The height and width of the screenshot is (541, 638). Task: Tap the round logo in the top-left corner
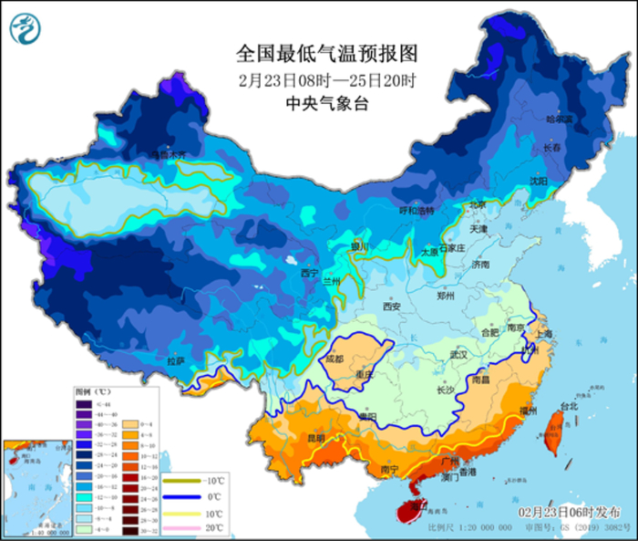pos(26,30)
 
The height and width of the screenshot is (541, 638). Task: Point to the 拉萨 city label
pos(175,361)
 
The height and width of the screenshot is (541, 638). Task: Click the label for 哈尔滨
pos(559,120)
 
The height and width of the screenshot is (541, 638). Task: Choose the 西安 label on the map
pos(392,307)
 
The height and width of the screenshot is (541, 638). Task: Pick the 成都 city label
pos(335,359)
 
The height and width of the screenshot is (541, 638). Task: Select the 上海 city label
pos(544,335)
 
